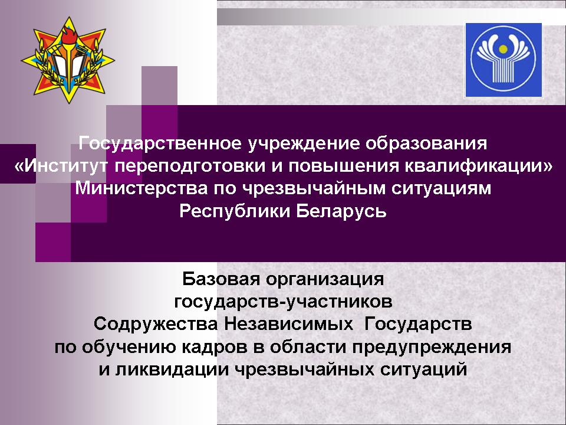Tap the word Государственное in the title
[160, 143]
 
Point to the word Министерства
[141, 188]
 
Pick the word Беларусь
[341, 211]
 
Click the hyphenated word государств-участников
[283, 302]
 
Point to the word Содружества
[156, 324]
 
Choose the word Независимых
[288, 324]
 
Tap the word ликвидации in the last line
[172, 370]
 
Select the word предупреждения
[432, 347]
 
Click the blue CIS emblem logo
[504, 60]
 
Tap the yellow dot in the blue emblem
[503, 48]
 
